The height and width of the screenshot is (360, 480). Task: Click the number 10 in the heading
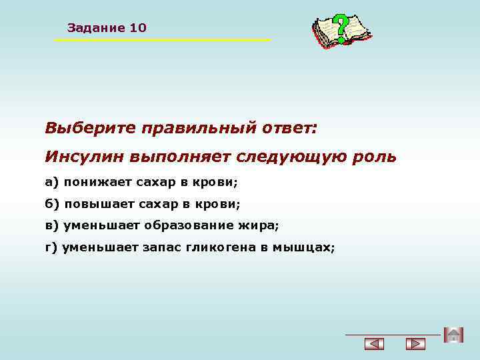click(139, 28)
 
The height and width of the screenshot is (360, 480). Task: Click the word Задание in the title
click(97, 28)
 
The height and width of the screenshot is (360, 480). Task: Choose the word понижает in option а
click(94, 181)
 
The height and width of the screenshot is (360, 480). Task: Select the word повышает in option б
click(96, 203)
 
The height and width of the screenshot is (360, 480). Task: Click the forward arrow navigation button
click(415, 344)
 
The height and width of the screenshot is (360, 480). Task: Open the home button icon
click(453, 335)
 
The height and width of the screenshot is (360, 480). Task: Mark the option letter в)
click(52, 225)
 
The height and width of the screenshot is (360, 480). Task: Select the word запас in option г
click(159, 247)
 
